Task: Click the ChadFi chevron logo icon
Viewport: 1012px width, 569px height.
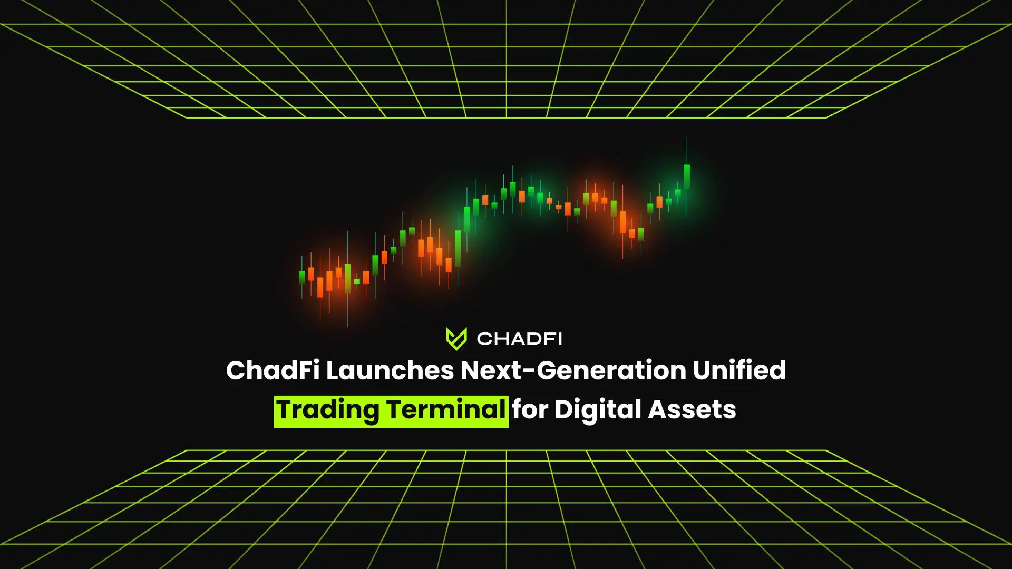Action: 456,339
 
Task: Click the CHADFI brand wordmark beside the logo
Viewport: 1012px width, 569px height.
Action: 519,339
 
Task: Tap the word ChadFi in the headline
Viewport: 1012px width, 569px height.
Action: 273,370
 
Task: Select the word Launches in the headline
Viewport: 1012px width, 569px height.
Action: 390,370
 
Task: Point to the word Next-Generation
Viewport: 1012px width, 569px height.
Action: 573,370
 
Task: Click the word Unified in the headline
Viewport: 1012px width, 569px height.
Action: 739,370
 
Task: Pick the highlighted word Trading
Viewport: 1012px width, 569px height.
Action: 328,410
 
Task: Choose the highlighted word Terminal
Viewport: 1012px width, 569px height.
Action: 446,409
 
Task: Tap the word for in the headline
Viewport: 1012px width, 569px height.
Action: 530,409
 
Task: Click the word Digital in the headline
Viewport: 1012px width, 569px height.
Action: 598,410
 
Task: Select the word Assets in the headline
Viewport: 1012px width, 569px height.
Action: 692,409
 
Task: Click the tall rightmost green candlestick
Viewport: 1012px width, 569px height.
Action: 687,176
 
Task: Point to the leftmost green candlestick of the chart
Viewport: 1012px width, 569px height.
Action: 302,277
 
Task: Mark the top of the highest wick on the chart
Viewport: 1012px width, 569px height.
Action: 687,138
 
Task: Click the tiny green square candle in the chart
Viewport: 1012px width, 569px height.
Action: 357,281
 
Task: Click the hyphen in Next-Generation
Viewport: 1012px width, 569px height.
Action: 529,372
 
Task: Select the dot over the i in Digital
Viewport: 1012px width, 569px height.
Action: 604,401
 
